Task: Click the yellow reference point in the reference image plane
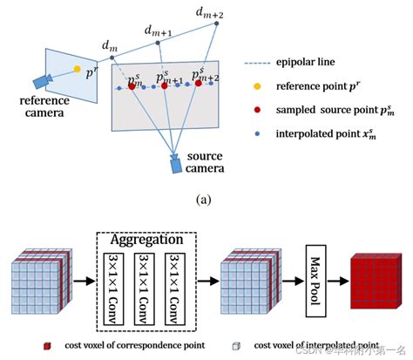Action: pyautogui.click(x=77, y=68)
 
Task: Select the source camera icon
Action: pyautogui.click(x=178, y=164)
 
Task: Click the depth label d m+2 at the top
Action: pyautogui.click(x=209, y=11)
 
